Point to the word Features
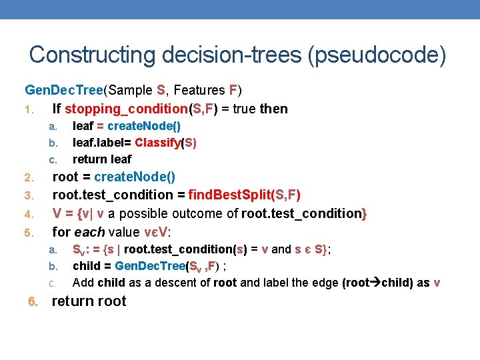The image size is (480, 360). [x=197, y=89]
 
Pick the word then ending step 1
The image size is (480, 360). [x=273, y=109]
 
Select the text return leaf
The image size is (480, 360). [x=101, y=159]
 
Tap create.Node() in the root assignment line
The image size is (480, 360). [x=135, y=177]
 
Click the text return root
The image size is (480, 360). [x=89, y=301]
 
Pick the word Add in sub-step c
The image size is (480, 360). [x=83, y=283]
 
